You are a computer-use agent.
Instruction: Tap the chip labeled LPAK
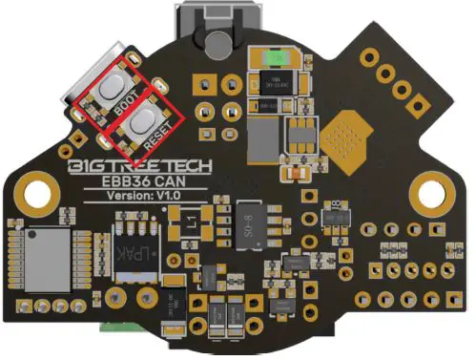click(131, 258)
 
